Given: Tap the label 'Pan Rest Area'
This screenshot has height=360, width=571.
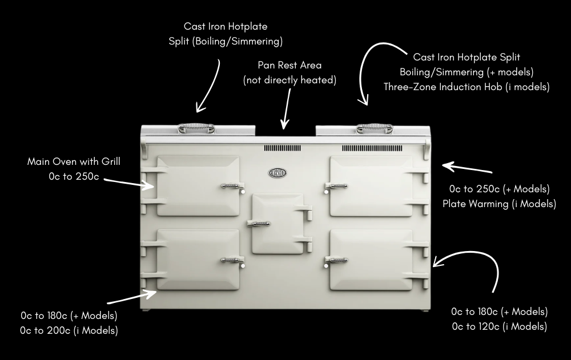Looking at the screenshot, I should pos(289,66).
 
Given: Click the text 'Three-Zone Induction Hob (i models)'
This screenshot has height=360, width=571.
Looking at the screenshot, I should pos(467,87).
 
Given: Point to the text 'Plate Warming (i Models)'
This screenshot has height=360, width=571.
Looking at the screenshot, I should pos(499,204).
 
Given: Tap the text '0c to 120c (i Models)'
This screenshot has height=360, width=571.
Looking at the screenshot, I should pos(499,327).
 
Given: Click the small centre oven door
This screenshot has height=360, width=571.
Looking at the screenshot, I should pos(278,224).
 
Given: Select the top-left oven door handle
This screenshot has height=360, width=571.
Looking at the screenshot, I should pos(231,185).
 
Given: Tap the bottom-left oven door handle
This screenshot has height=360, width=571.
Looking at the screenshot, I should pos(231,260).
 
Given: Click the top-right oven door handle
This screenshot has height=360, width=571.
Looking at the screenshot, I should pos(337,185).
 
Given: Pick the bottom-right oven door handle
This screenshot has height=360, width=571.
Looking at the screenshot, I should pos(337,260).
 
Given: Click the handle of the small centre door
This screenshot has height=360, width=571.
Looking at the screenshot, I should pos(259,224).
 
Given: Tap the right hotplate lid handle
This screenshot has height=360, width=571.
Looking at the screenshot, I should pos(374,128).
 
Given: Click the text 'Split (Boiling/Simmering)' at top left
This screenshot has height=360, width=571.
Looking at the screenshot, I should pos(225,41).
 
